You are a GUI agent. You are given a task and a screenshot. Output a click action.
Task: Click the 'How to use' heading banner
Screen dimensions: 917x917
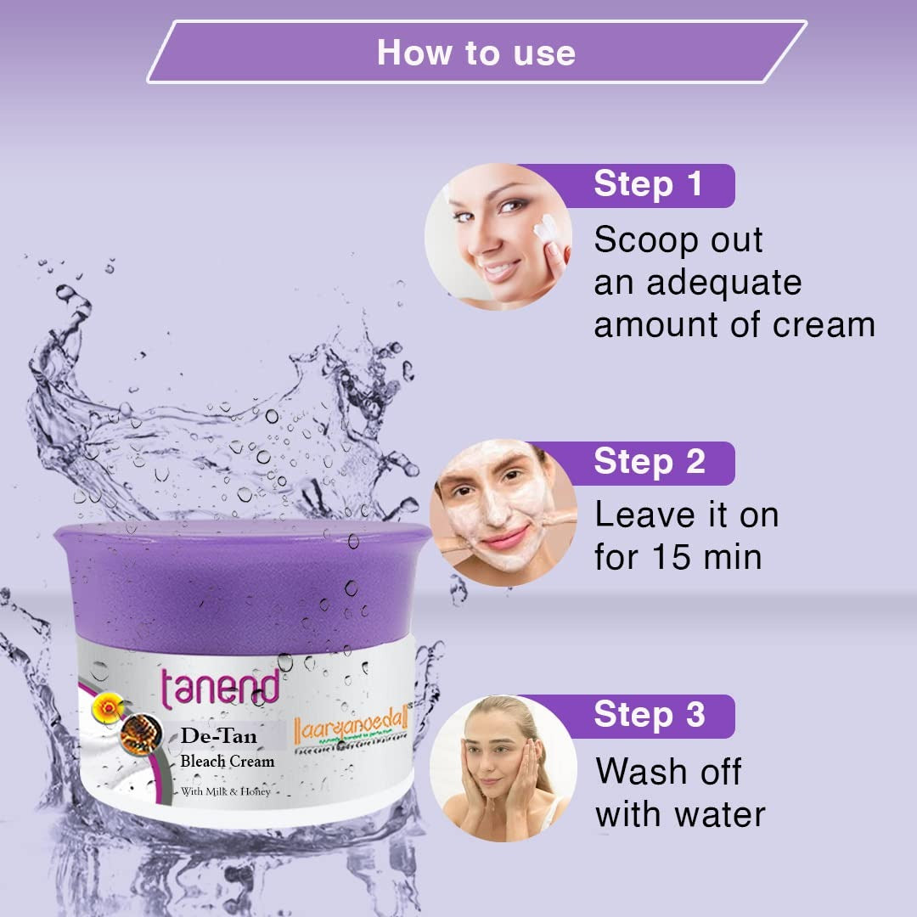[475, 52]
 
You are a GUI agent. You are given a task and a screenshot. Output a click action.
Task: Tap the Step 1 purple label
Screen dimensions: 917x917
[648, 185]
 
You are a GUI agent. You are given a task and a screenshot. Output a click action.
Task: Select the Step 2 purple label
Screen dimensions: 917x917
[649, 462]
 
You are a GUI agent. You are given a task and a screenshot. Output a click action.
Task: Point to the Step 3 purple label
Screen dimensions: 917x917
[649, 715]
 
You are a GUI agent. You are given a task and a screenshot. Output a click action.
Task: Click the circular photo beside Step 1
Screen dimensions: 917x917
[498, 236]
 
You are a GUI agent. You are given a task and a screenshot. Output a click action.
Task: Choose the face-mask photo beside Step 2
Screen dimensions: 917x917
[503, 512]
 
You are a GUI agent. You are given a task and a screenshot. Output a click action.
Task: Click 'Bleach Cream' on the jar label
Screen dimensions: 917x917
[228, 761]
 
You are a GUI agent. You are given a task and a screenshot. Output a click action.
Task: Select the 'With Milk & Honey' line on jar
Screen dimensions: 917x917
[225, 792]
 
